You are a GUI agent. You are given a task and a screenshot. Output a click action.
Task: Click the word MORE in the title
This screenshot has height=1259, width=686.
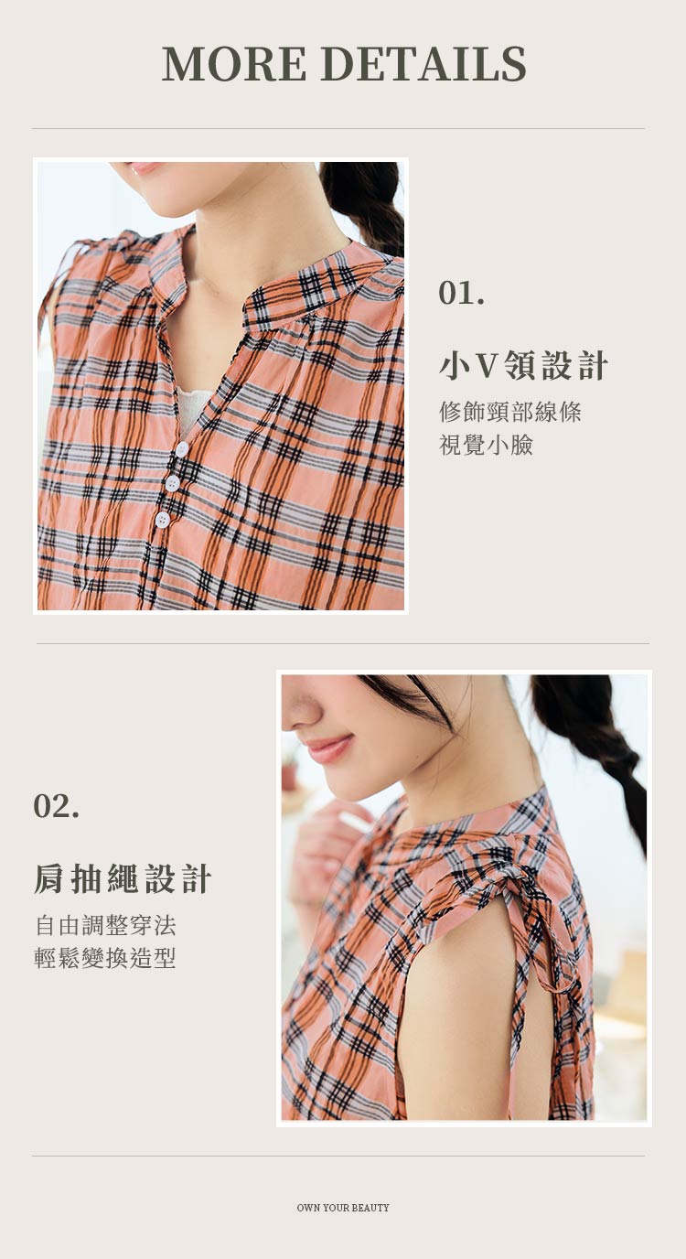point(234,63)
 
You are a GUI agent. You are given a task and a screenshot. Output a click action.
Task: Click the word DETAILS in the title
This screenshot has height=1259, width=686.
point(424,63)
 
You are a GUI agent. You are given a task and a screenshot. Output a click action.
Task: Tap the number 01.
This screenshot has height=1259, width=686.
point(461,293)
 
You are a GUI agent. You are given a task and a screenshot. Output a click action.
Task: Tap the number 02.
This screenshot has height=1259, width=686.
point(56,806)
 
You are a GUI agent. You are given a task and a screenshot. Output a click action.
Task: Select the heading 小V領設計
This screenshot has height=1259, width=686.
point(523,365)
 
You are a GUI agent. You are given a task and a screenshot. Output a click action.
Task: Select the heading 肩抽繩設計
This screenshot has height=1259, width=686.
point(123,878)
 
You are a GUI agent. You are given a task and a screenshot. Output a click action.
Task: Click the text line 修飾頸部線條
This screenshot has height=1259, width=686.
point(510,412)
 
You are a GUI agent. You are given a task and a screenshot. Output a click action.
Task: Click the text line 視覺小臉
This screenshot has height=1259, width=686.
point(486,445)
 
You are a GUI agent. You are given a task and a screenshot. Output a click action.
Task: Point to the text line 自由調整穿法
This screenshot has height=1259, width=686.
point(105,925)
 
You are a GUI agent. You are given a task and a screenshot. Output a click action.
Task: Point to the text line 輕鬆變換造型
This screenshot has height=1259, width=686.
point(105,958)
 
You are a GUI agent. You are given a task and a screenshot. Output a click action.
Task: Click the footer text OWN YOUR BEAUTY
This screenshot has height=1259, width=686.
point(343,1208)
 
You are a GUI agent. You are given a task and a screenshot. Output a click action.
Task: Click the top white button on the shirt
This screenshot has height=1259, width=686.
point(181,449)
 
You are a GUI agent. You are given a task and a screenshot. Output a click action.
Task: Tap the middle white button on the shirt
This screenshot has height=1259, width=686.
point(172,483)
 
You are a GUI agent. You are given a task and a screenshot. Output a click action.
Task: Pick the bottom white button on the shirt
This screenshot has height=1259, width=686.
point(163,520)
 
